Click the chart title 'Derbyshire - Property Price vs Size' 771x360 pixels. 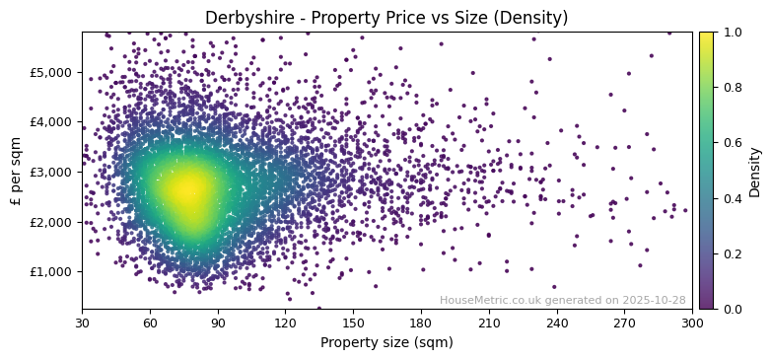[x=386, y=18]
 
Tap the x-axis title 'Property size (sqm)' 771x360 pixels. [x=386, y=343]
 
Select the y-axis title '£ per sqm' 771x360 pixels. [x=16, y=171]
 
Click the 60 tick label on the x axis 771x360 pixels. [x=150, y=323]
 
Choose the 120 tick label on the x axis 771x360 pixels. [x=285, y=323]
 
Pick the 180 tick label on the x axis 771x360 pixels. [x=421, y=323]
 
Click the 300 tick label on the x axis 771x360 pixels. [x=692, y=323]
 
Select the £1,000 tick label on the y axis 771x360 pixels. [x=53, y=271]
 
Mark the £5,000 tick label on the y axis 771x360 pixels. [x=53, y=72]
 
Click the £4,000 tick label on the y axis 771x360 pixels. [x=53, y=122]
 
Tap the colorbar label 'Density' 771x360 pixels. [x=755, y=171]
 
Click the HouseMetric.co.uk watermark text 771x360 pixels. [x=562, y=300]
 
